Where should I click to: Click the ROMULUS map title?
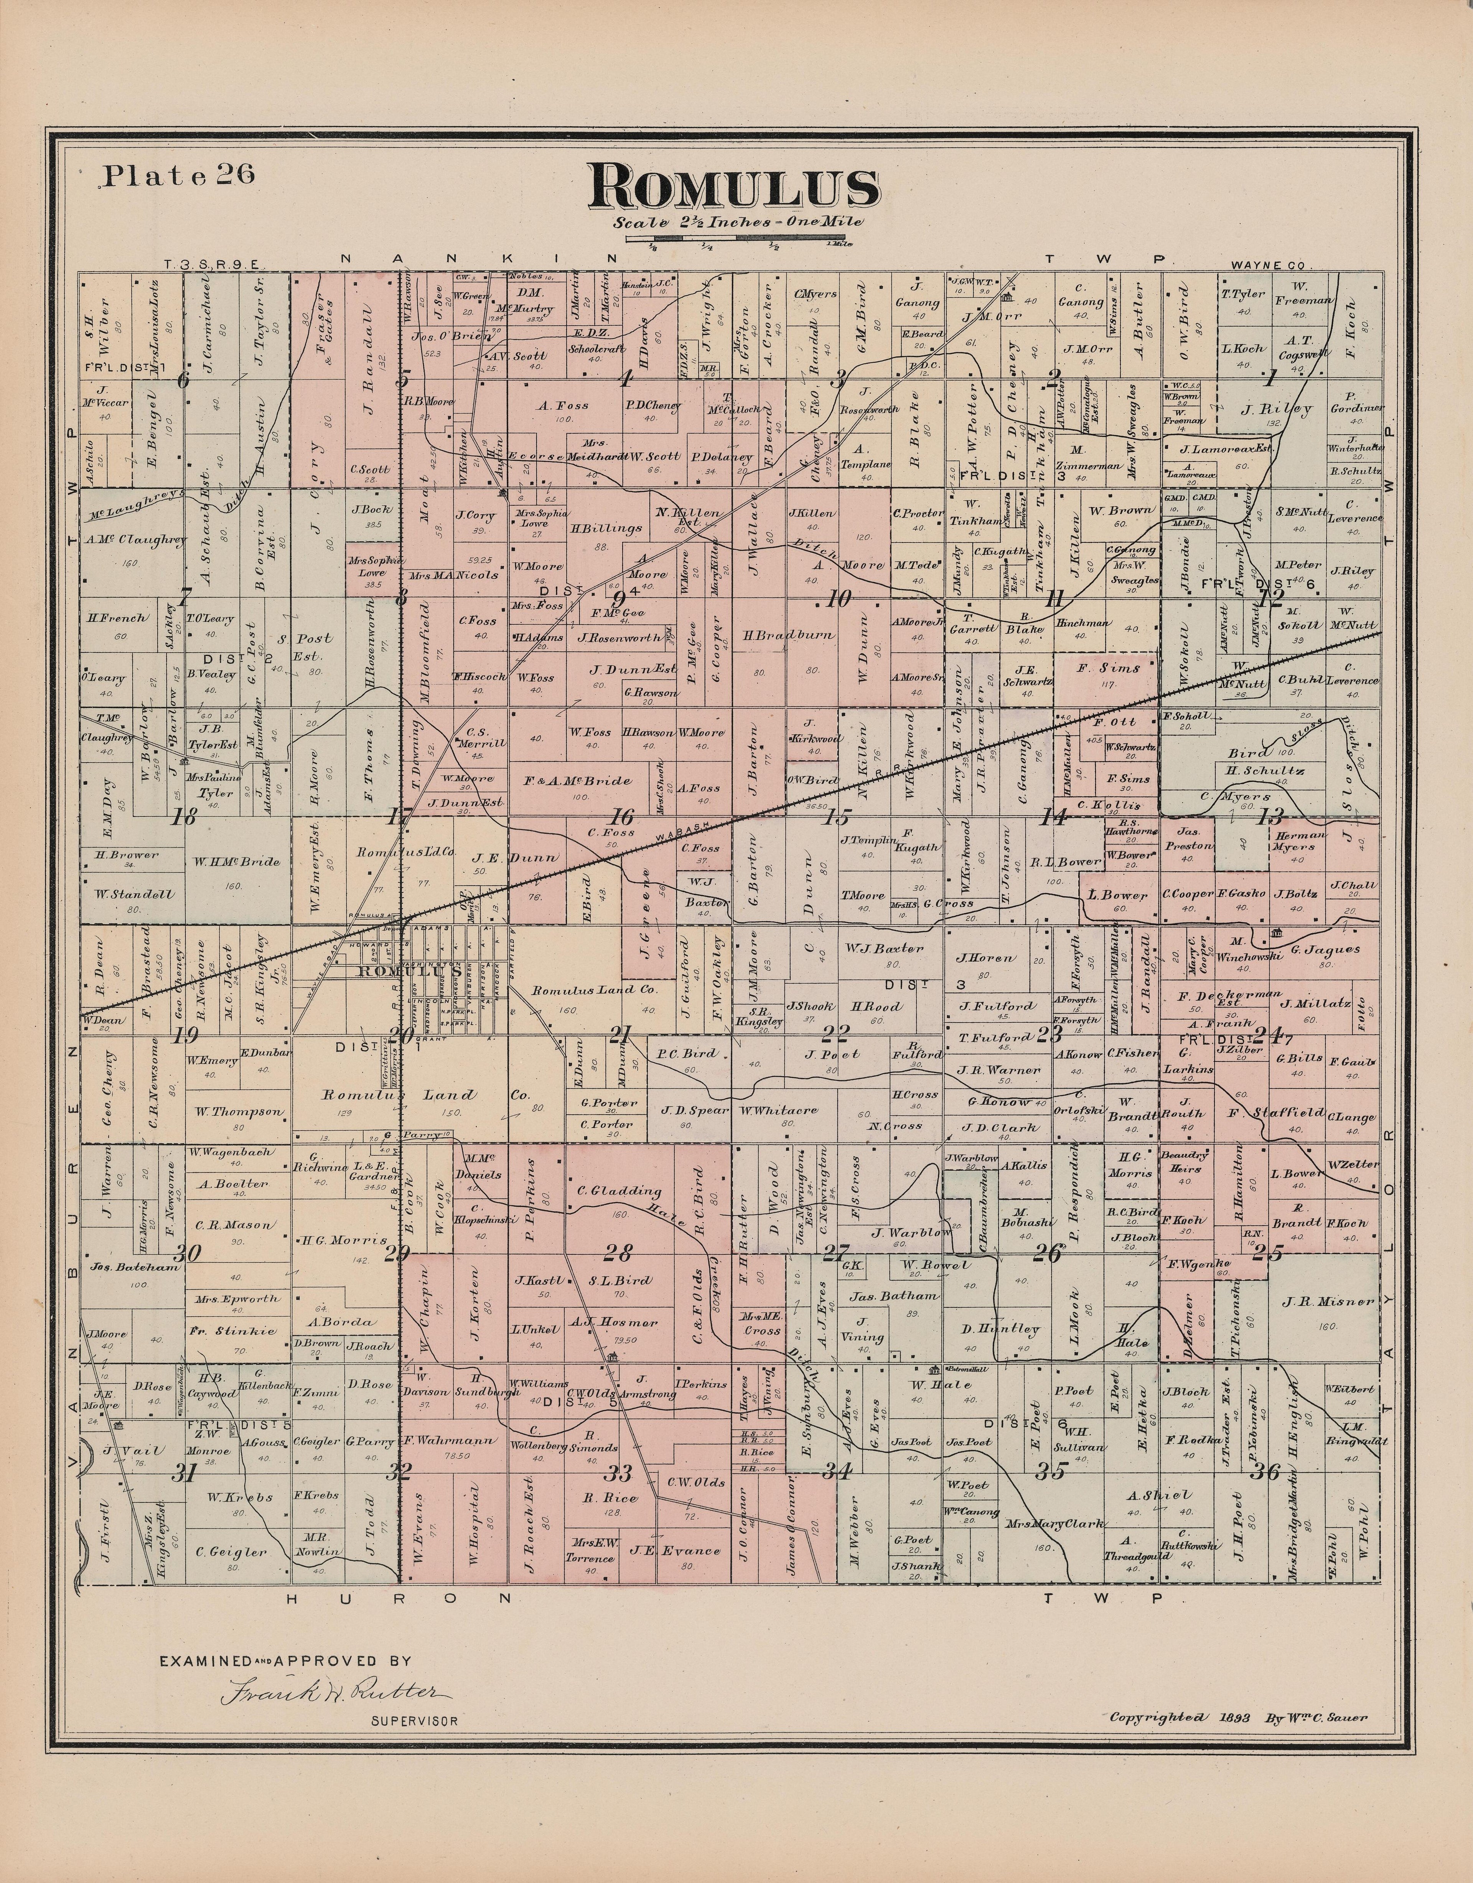pos(735,188)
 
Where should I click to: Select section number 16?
pos(622,817)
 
